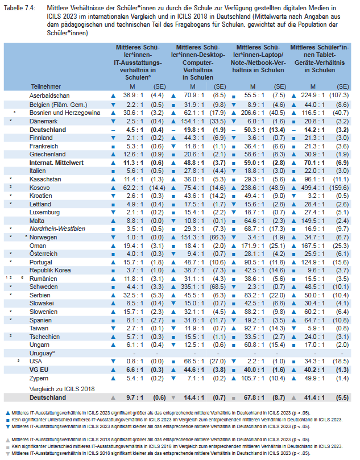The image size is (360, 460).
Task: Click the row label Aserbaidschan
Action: point(49,96)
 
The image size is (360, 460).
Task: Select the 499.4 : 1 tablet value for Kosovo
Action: point(313,188)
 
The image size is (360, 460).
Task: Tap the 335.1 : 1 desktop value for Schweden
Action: point(192,287)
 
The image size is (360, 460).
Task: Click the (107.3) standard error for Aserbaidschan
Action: point(339,96)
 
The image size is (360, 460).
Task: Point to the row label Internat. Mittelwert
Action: point(56,163)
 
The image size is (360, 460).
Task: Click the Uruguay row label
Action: point(42,353)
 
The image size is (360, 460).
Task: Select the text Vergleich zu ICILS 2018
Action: point(62,389)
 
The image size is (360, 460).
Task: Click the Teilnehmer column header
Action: point(45,86)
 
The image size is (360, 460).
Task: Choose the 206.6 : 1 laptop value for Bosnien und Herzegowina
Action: point(253,113)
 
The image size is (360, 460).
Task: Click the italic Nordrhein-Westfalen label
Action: point(57,229)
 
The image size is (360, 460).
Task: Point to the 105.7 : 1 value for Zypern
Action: point(253,379)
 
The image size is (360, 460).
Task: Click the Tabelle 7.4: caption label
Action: point(20,8)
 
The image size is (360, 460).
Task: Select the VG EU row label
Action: point(39,370)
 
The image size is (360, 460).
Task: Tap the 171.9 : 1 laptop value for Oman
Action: point(253,246)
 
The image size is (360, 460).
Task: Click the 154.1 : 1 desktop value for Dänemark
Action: point(192,122)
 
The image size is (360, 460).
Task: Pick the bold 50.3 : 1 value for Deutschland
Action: point(254,130)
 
